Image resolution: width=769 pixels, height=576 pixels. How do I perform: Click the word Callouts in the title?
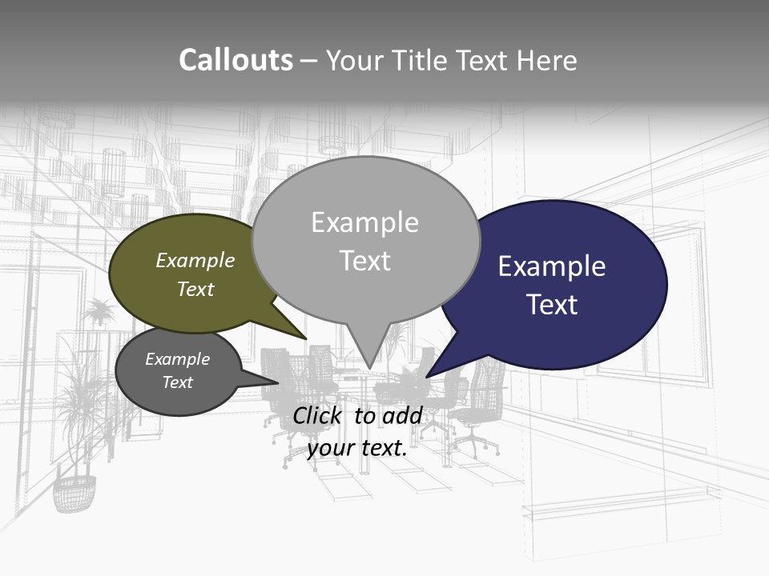pos(236,60)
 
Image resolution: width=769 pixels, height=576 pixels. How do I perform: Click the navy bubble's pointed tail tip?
pos(429,375)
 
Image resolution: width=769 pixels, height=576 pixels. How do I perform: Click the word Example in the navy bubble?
pos(552,266)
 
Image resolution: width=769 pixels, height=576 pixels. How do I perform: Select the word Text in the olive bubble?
pos(195,290)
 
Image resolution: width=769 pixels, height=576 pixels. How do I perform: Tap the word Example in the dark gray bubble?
pos(177,359)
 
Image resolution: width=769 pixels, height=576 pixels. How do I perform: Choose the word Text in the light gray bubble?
pos(365,261)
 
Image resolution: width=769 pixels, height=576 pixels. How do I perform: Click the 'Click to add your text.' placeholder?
pos(357,432)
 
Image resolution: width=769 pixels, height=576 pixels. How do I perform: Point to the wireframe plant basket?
pos(74,492)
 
